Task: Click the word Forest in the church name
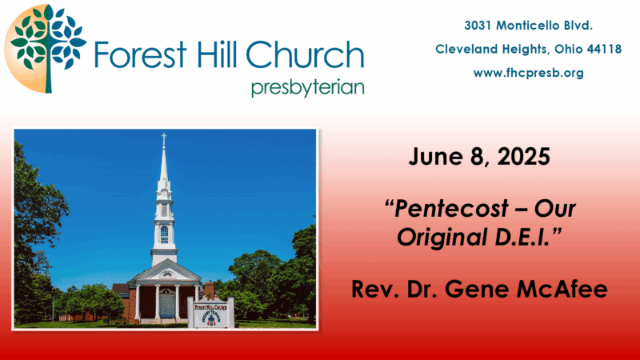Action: click(141, 54)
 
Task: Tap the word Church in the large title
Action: click(305, 54)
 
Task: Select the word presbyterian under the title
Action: click(308, 88)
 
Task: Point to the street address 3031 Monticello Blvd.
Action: click(528, 26)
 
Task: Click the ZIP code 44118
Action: click(604, 49)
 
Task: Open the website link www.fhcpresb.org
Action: click(528, 73)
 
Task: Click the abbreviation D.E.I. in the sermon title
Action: click(522, 237)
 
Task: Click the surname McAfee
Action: click(562, 289)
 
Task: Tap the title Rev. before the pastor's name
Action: click(375, 289)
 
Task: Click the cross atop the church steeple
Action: click(164, 138)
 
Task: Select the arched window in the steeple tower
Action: click(164, 234)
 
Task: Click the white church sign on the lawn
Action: click(210, 312)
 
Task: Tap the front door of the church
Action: click(166, 306)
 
